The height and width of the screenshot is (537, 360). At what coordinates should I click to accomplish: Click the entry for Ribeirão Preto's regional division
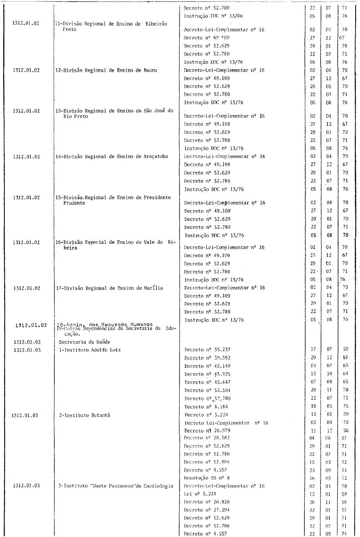pos(111,24)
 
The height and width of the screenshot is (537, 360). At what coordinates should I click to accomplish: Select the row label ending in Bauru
pos(106,70)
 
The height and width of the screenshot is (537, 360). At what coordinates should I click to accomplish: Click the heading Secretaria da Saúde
pos(84,342)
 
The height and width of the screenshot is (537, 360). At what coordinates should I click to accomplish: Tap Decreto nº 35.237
pos(207,350)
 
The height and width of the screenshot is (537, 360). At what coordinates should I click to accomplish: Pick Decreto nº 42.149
pos(207,366)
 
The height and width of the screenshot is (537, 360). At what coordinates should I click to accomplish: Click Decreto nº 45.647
pos(207,382)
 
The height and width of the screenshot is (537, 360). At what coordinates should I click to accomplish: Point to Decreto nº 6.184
pos(206,407)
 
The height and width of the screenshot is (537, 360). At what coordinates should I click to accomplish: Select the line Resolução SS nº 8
pos(207,478)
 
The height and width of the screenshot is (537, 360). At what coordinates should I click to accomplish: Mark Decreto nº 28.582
pos(207,438)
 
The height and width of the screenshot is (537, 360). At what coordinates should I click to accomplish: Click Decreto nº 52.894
pos(207,462)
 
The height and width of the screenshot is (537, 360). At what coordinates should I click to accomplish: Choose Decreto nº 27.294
pos(207,510)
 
